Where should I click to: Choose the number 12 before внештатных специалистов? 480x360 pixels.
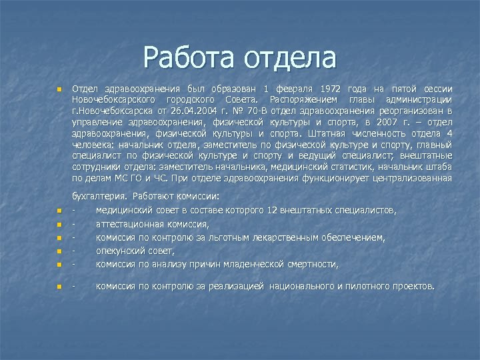point(271,211)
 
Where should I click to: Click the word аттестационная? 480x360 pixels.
point(129,224)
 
